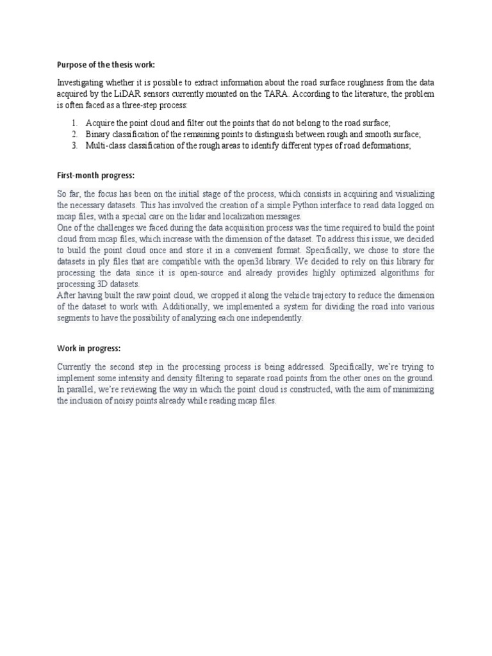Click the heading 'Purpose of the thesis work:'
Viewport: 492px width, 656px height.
[106, 65]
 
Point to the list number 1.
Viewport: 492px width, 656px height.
[74, 122]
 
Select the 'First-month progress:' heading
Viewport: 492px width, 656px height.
[95, 175]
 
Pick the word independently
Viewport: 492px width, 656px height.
[277, 318]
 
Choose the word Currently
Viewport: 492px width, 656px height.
[76, 367]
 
